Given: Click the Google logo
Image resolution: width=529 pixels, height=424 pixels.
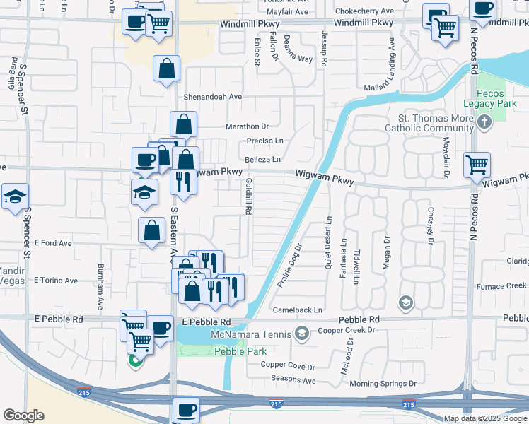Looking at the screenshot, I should pos(23,415).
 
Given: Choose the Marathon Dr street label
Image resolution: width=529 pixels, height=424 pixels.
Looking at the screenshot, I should pos(247,126).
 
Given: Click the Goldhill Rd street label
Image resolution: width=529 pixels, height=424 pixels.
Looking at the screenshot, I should pos(249,196).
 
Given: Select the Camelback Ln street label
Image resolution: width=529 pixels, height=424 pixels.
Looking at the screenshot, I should pos(298,310).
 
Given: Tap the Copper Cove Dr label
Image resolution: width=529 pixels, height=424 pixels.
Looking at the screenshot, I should pos(287,365).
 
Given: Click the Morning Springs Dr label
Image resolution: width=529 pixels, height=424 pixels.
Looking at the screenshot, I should pos(383,384).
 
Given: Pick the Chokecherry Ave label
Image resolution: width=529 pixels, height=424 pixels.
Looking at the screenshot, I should pos(364,12).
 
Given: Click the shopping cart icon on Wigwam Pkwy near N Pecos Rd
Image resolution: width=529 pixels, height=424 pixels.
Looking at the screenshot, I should pos(477,165).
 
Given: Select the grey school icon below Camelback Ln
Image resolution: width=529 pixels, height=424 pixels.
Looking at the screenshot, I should pos(405,303).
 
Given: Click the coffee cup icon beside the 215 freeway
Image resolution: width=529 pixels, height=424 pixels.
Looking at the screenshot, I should pos(186,409).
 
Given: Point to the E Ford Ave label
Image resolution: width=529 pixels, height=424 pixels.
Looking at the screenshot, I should pos(54,243).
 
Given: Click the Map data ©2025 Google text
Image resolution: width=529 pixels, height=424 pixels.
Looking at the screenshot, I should pos(484,418).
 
